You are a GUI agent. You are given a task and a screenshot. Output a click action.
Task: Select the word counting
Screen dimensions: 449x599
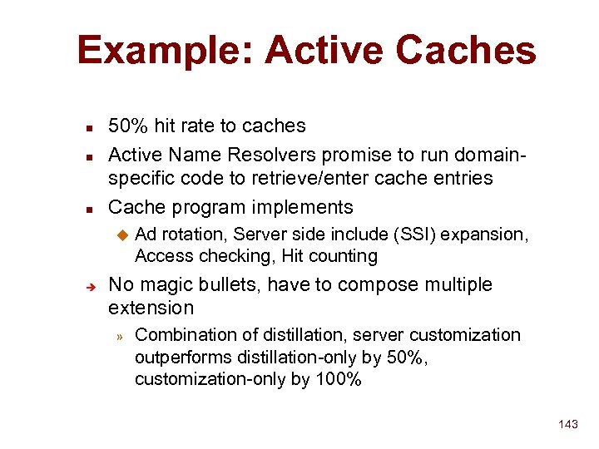tap(342, 256)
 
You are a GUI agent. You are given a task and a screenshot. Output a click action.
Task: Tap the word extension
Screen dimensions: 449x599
tap(151, 308)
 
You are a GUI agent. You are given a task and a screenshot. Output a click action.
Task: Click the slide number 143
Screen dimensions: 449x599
tap(567, 424)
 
